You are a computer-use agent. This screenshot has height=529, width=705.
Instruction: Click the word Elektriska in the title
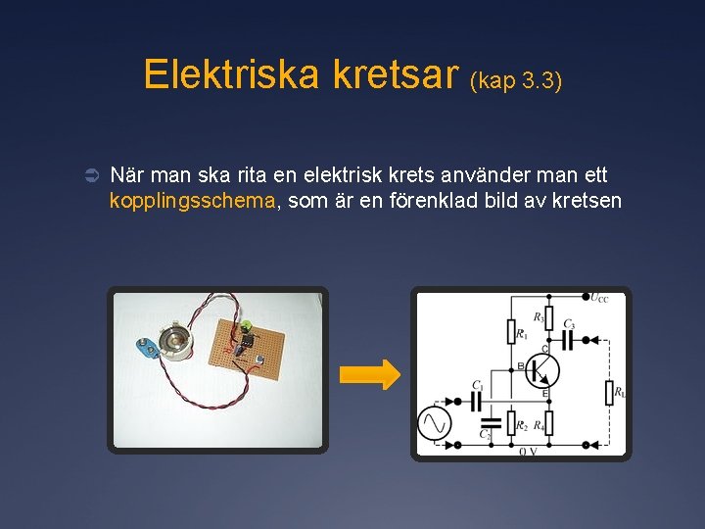[x=231, y=74]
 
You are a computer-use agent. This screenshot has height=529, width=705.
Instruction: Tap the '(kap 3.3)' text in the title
[x=516, y=80]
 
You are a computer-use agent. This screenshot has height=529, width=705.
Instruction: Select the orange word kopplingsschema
[x=194, y=202]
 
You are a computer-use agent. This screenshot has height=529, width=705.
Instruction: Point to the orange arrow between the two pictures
[x=369, y=373]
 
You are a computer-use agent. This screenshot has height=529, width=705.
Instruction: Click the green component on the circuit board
[x=249, y=327]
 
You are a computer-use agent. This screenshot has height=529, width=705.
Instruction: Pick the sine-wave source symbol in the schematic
[x=434, y=423]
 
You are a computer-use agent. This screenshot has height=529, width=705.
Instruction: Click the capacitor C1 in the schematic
[x=478, y=400]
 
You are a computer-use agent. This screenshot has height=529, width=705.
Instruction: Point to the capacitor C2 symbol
[x=490, y=424]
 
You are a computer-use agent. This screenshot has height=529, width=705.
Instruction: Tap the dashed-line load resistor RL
[x=608, y=393]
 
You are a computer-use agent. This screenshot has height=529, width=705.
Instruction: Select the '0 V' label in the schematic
[x=527, y=452]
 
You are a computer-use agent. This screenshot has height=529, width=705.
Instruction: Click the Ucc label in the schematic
[x=598, y=297]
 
